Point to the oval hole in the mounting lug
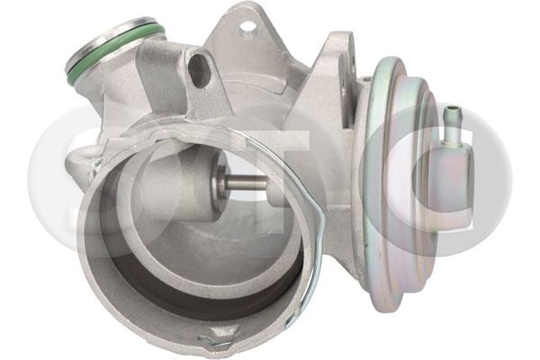pyautogui.click(x=199, y=69)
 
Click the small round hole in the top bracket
pyautogui.click(x=247, y=26)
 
